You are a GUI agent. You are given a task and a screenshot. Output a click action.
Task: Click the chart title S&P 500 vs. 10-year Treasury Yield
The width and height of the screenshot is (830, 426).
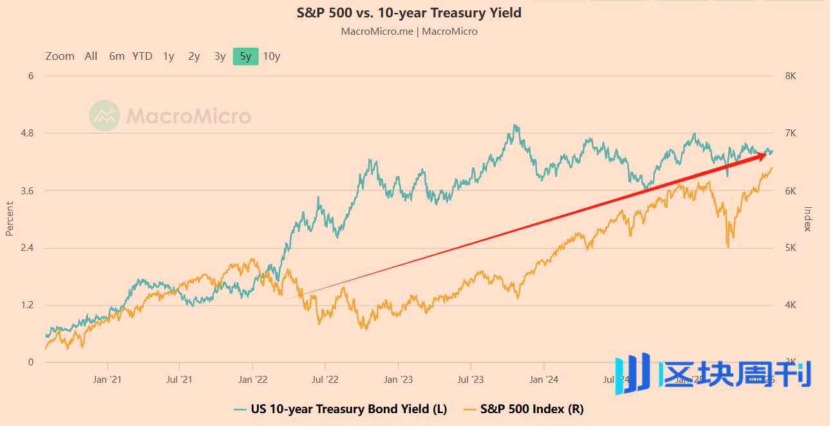pyautogui.click(x=409, y=13)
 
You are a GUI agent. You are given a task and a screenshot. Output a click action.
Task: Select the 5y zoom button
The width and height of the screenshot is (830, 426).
pyautogui.click(x=245, y=56)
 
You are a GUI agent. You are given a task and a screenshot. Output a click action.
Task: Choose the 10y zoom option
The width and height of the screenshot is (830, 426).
pyautogui.click(x=272, y=56)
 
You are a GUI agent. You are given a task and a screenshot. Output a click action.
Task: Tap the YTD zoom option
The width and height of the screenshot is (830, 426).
pyautogui.click(x=142, y=56)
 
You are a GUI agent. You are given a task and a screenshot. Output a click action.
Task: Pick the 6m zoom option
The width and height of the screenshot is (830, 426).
pyautogui.click(x=117, y=56)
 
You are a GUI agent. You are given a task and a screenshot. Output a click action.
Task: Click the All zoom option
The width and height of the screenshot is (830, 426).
pyautogui.click(x=91, y=56)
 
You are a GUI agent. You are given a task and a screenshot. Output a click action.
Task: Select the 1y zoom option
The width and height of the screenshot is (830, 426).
pyautogui.click(x=168, y=56)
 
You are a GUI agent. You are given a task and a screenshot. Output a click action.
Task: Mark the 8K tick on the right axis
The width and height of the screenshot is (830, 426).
pyautogui.click(x=791, y=76)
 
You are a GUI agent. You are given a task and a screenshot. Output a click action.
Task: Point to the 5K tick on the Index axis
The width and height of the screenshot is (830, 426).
pyautogui.click(x=791, y=248)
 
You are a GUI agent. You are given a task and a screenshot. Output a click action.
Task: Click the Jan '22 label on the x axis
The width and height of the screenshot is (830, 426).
pyautogui.click(x=254, y=380)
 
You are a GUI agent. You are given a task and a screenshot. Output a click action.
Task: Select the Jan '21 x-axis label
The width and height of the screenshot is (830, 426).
pyautogui.click(x=108, y=380)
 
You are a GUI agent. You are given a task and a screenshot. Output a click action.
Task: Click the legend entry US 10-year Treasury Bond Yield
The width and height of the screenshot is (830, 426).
pyautogui.click(x=348, y=409)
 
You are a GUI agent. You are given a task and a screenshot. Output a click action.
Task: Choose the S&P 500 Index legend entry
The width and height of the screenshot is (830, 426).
pyautogui.click(x=531, y=409)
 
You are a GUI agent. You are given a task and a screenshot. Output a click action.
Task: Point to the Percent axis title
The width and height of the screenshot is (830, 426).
pyautogui.click(x=10, y=219)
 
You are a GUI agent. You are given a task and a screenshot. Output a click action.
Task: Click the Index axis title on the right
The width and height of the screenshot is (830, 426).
pyautogui.click(x=808, y=219)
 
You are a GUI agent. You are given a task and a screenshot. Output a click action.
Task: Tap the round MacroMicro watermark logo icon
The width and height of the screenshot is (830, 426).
pyautogui.click(x=104, y=116)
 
